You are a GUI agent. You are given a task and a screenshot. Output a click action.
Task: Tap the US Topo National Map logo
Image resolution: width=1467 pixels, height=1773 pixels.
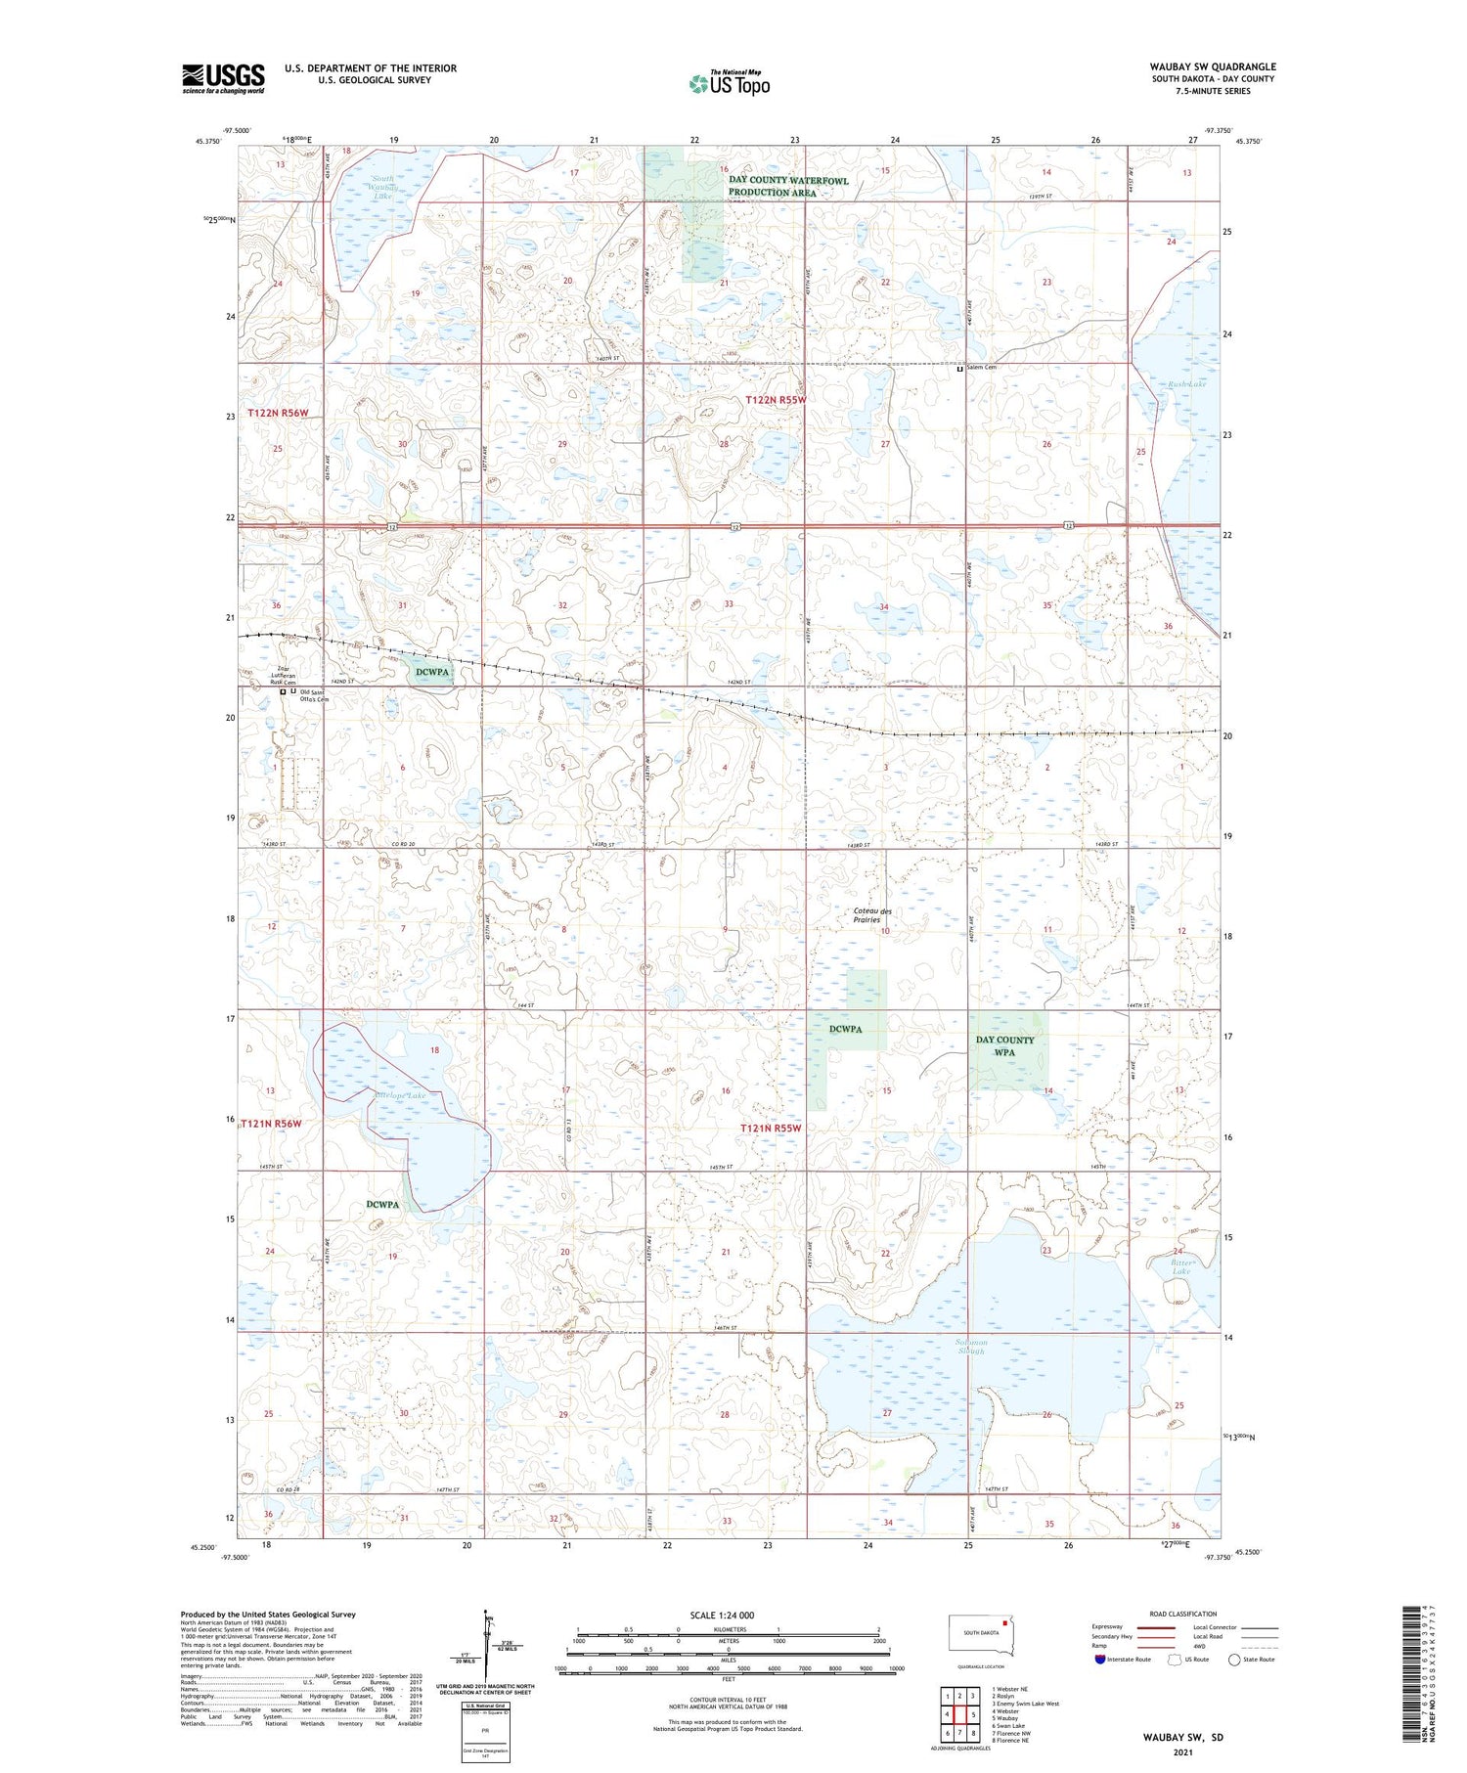(729, 83)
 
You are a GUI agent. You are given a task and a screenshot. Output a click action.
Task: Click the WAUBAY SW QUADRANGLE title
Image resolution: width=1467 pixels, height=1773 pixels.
(1212, 66)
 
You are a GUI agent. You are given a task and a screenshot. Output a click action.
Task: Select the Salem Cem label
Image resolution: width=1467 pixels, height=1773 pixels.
(981, 368)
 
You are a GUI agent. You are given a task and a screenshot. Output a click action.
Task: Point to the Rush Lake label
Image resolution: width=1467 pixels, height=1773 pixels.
(1186, 384)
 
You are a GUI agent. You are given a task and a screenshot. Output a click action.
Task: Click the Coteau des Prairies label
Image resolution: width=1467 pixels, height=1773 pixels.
(872, 915)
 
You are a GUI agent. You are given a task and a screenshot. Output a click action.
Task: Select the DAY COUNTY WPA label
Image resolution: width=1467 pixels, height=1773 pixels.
(1004, 1045)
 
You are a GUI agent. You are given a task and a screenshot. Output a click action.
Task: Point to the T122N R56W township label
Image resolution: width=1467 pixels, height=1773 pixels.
(278, 413)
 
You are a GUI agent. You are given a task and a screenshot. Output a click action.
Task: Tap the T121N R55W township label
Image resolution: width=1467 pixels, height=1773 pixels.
(770, 1128)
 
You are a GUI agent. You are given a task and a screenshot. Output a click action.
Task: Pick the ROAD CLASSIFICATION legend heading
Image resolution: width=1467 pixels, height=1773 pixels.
(1182, 1614)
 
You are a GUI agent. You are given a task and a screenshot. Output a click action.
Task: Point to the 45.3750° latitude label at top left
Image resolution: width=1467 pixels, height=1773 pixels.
(209, 141)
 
